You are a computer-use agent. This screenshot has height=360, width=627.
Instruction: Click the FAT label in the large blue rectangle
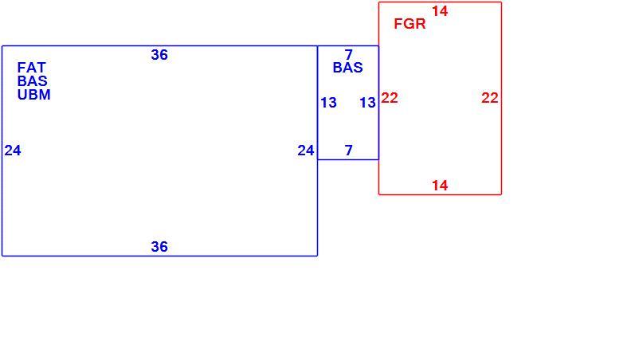pos(32,68)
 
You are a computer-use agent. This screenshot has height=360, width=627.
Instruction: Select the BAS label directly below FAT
pos(33,81)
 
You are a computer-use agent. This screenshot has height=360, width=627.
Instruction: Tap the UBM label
pos(34,95)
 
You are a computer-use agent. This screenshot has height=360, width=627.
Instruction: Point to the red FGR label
pos(410,24)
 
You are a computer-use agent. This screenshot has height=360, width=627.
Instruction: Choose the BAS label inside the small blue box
pos(348,68)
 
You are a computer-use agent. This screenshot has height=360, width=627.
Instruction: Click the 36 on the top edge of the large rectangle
pos(159,55)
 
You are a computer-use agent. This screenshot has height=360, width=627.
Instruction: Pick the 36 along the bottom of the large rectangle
pos(159,247)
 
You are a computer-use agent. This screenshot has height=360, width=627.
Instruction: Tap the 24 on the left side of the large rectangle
pos(13,151)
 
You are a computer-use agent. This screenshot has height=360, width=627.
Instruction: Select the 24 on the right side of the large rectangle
pos(306,151)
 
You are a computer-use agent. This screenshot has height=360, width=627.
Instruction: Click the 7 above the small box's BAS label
pos(349,54)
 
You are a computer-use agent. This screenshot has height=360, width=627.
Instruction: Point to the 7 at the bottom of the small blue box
pos(349,151)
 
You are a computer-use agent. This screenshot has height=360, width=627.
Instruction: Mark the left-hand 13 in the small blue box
pos(329,103)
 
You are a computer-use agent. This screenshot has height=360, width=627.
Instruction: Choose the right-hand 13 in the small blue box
pos(367,103)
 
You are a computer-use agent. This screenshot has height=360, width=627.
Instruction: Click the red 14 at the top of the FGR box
pos(440,11)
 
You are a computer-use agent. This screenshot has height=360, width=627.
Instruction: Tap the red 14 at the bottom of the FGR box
pos(440,186)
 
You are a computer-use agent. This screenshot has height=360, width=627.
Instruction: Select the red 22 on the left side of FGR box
pos(390,98)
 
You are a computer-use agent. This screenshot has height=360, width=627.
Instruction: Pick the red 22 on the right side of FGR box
pos(490,98)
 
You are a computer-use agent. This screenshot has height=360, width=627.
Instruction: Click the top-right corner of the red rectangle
pos(501,2)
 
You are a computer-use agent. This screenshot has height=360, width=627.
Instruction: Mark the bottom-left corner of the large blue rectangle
pos(2,256)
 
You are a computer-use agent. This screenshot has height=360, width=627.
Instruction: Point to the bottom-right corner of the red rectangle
pos(501,194)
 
